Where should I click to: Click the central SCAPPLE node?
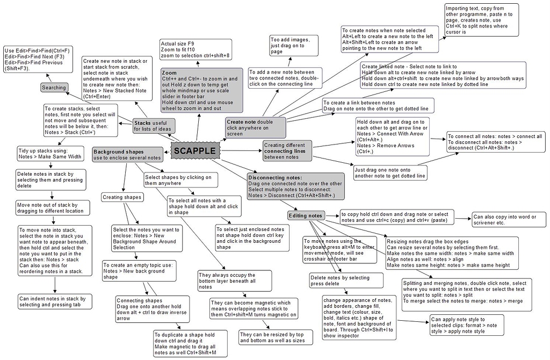pyautogui.click(x=196, y=152)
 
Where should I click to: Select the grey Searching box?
pyautogui.click(x=54, y=88)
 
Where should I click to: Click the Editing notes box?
pyautogui.click(x=306, y=215)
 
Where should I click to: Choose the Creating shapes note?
pyautogui.click(x=122, y=197)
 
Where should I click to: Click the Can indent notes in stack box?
pyautogui.click(x=52, y=301)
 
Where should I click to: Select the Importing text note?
pyautogui.click(x=481, y=20)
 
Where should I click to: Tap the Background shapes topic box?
pyautogui.click(x=127, y=155)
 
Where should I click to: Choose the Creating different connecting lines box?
pyautogui.click(x=287, y=151)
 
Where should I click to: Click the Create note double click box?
pyautogui.click(x=256, y=127)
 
